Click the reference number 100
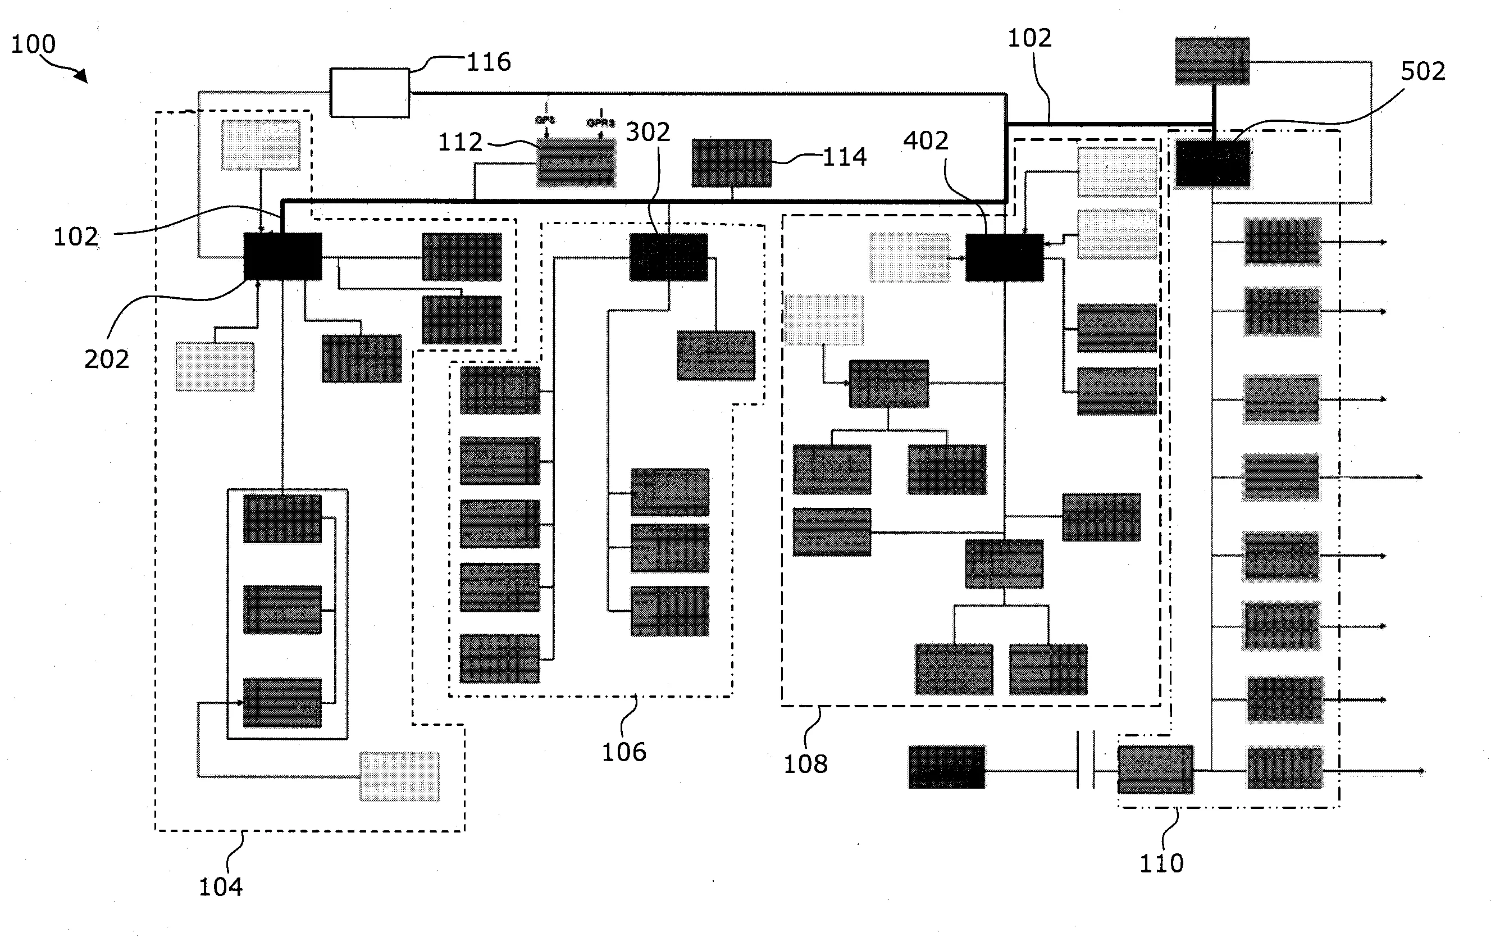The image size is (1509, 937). click(x=34, y=44)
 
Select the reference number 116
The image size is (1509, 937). click(x=488, y=62)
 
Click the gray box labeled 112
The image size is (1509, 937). click(x=576, y=162)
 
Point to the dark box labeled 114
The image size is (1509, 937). click(x=732, y=163)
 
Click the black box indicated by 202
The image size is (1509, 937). click(x=282, y=257)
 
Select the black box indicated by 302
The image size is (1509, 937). click(x=668, y=257)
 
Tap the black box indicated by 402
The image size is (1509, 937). click(x=1004, y=258)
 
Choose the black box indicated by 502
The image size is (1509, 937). click(x=1213, y=163)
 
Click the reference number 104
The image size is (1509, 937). click(x=221, y=888)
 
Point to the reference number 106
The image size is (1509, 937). click(x=624, y=752)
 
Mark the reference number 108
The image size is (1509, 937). click(x=805, y=765)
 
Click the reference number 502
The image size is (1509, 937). click(x=1423, y=72)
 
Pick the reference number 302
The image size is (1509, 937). click(x=648, y=133)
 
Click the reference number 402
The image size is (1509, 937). click(x=926, y=142)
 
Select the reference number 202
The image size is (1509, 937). click(x=107, y=360)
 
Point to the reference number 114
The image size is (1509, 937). click(x=844, y=157)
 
